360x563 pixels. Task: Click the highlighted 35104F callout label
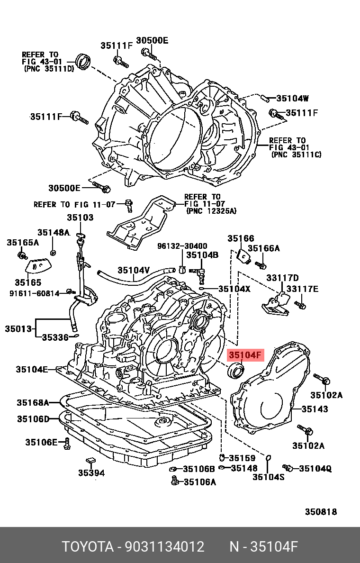245,355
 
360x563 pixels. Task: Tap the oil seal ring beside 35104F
235,371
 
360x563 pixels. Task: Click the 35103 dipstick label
80,218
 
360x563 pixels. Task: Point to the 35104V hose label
134,270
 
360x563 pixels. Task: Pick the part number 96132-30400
182,246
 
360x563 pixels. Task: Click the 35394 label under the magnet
91,472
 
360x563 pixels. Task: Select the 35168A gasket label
33,403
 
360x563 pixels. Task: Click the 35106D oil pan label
33,419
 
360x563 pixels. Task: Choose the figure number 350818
321,512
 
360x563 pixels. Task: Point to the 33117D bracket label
282,278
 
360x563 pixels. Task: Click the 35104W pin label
292,99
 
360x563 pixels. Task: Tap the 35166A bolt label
264,248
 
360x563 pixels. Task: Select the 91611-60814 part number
34,294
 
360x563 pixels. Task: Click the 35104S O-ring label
268,477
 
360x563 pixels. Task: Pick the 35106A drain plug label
199,482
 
